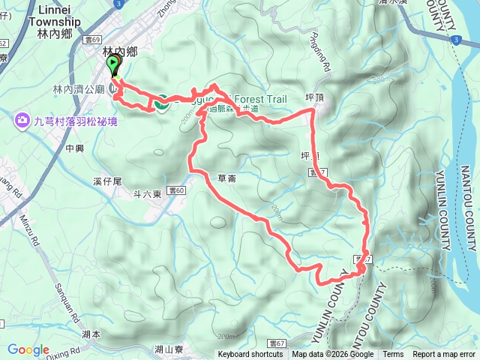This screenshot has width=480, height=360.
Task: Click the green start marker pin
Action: point(114,66)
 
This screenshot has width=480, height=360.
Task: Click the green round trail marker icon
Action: point(161,103)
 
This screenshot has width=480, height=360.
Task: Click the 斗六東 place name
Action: point(147,194)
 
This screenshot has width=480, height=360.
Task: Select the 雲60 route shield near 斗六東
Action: point(175,191)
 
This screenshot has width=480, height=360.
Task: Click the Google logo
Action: point(28,349)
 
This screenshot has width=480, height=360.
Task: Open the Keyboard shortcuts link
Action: point(250,355)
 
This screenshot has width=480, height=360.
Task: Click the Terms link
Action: point(393,355)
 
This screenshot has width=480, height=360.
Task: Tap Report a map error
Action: point(444,355)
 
